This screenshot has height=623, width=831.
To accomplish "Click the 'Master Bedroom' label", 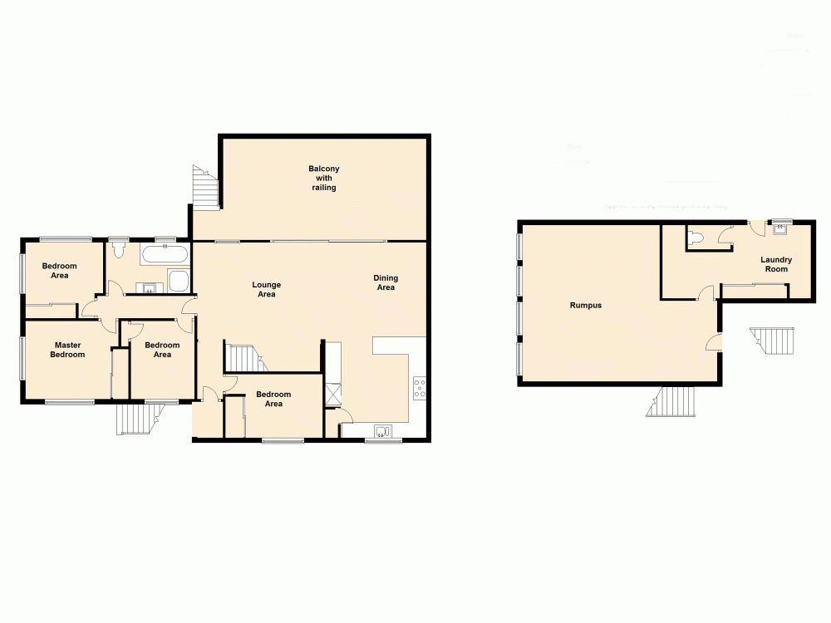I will [x=68, y=350].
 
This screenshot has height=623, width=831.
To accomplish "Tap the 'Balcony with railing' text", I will [x=323, y=179].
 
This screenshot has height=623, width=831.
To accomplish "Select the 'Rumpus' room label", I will [x=585, y=306].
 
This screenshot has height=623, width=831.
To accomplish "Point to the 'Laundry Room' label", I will [x=775, y=264].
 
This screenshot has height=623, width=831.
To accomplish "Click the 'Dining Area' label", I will [x=386, y=282].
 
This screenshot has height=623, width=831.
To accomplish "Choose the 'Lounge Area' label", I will [x=265, y=289].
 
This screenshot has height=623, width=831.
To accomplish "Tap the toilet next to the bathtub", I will [x=118, y=251].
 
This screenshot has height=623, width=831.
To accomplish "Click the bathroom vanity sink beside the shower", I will [x=148, y=288].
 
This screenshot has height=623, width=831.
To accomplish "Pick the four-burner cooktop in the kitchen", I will [x=420, y=387].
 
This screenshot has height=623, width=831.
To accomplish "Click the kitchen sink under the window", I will [x=383, y=430].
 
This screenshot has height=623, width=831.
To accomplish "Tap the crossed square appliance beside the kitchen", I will [x=333, y=392].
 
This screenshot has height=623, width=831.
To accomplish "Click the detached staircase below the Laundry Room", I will [x=773, y=340].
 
